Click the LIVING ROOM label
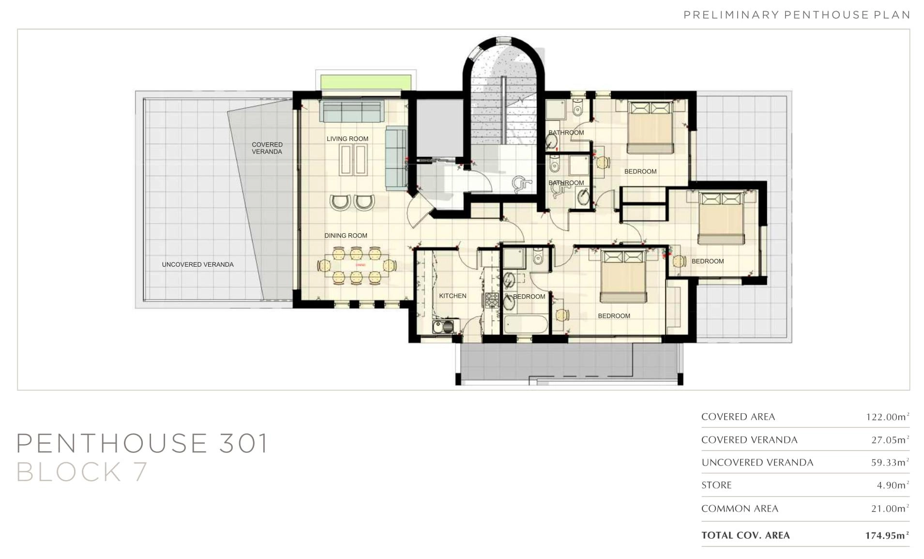pyautogui.click(x=347, y=139)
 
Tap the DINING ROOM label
pyautogui.click(x=346, y=236)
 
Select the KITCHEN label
pyautogui.click(x=453, y=296)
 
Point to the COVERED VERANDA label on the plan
pyautogui.click(x=267, y=148)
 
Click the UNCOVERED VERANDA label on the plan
pyautogui.click(x=197, y=264)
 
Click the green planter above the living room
pyautogui.click(x=366, y=82)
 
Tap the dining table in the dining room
pyautogui.click(x=356, y=265)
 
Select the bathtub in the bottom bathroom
pyautogui.click(x=526, y=324)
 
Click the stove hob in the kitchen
pyautogui.click(x=492, y=300)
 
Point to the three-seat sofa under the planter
pyautogui.click(x=351, y=111)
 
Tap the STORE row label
pyautogui.click(x=716, y=485)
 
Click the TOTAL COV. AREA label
pyautogui.click(x=745, y=535)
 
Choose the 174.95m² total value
pyautogui.click(x=887, y=535)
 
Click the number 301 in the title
pyautogui.click(x=243, y=443)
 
